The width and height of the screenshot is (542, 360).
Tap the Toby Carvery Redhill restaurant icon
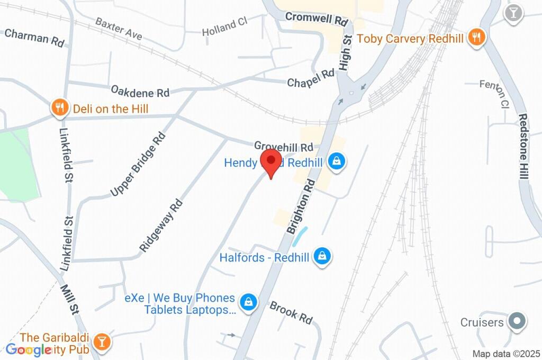pos(477,38)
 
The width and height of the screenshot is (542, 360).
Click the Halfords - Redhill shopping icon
pos(321,257)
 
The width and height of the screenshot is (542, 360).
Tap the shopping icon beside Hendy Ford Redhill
pos(336,161)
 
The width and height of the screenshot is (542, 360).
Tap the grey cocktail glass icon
pos(513,13)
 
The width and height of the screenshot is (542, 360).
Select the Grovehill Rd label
pos(284,146)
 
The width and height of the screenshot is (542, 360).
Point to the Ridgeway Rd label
pos(161,225)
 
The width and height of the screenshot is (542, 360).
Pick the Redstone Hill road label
pos(523,147)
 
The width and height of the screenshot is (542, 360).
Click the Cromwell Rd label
pos(317,19)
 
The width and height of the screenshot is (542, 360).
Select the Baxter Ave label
pos(119,28)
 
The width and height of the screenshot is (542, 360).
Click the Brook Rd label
pos(291,312)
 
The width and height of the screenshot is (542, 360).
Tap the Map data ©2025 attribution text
pos(506,354)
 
